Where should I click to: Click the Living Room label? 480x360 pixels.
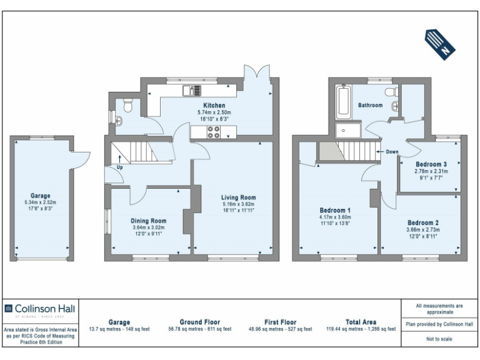(239, 197)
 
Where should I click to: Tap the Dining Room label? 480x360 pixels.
(148, 221)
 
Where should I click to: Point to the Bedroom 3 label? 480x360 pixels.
(431, 164)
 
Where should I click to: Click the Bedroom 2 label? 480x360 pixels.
(423, 222)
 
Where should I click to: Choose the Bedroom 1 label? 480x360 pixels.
(335, 210)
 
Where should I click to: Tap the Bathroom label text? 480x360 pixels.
(370, 106)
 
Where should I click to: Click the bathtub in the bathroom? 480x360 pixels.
(344, 102)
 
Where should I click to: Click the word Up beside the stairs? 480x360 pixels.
(119, 167)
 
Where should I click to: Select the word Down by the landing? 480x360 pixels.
(392, 152)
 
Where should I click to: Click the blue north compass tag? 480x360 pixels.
(439, 43)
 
